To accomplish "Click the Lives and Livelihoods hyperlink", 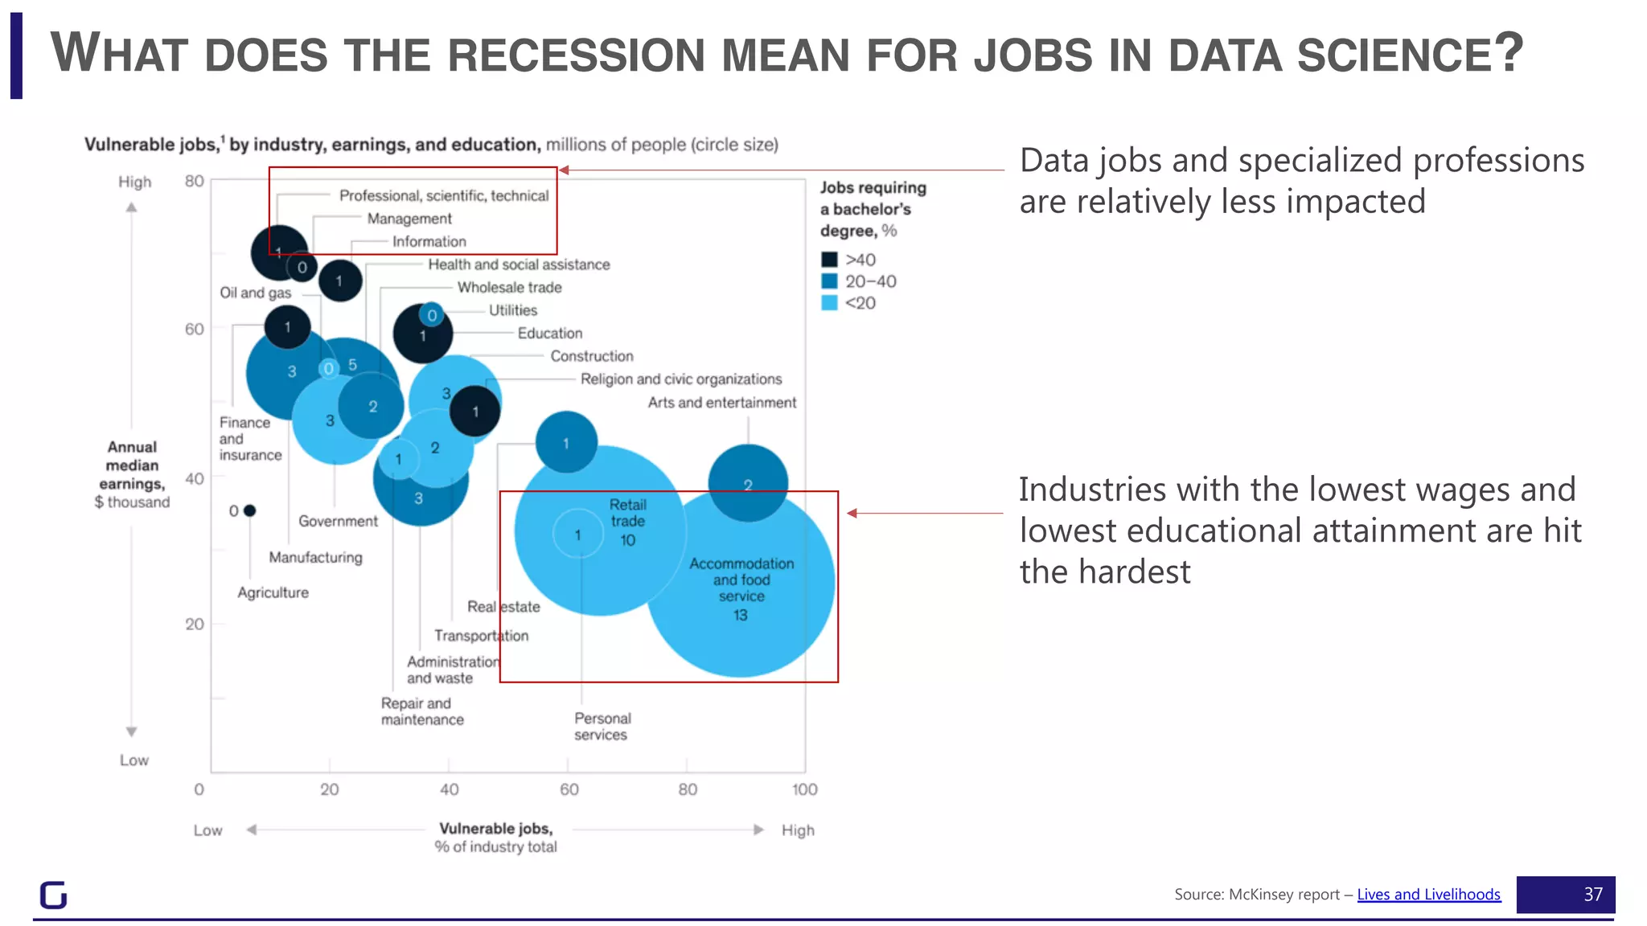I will click(1428, 895).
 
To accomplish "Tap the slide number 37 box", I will click(1565, 895).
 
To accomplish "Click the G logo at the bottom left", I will click(53, 895).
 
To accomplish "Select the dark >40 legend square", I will click(829, 260).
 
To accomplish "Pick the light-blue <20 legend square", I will click(829, 303).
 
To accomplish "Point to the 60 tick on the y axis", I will click(195, 329).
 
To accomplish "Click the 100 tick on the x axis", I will click(804, 789).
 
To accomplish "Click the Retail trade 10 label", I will click(627, 522).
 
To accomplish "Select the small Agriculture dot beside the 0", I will click(249, 510).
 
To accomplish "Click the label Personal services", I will click(602, 726).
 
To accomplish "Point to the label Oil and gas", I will click(255, 293).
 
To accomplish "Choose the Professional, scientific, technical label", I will click(443, 195).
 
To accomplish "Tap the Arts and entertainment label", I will click(721, 402).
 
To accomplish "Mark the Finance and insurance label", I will click(249, 438).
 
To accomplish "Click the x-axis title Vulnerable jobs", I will click(495, 829).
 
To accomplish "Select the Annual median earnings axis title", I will click(133, 473).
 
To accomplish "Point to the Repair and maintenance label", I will click(421, 711).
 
